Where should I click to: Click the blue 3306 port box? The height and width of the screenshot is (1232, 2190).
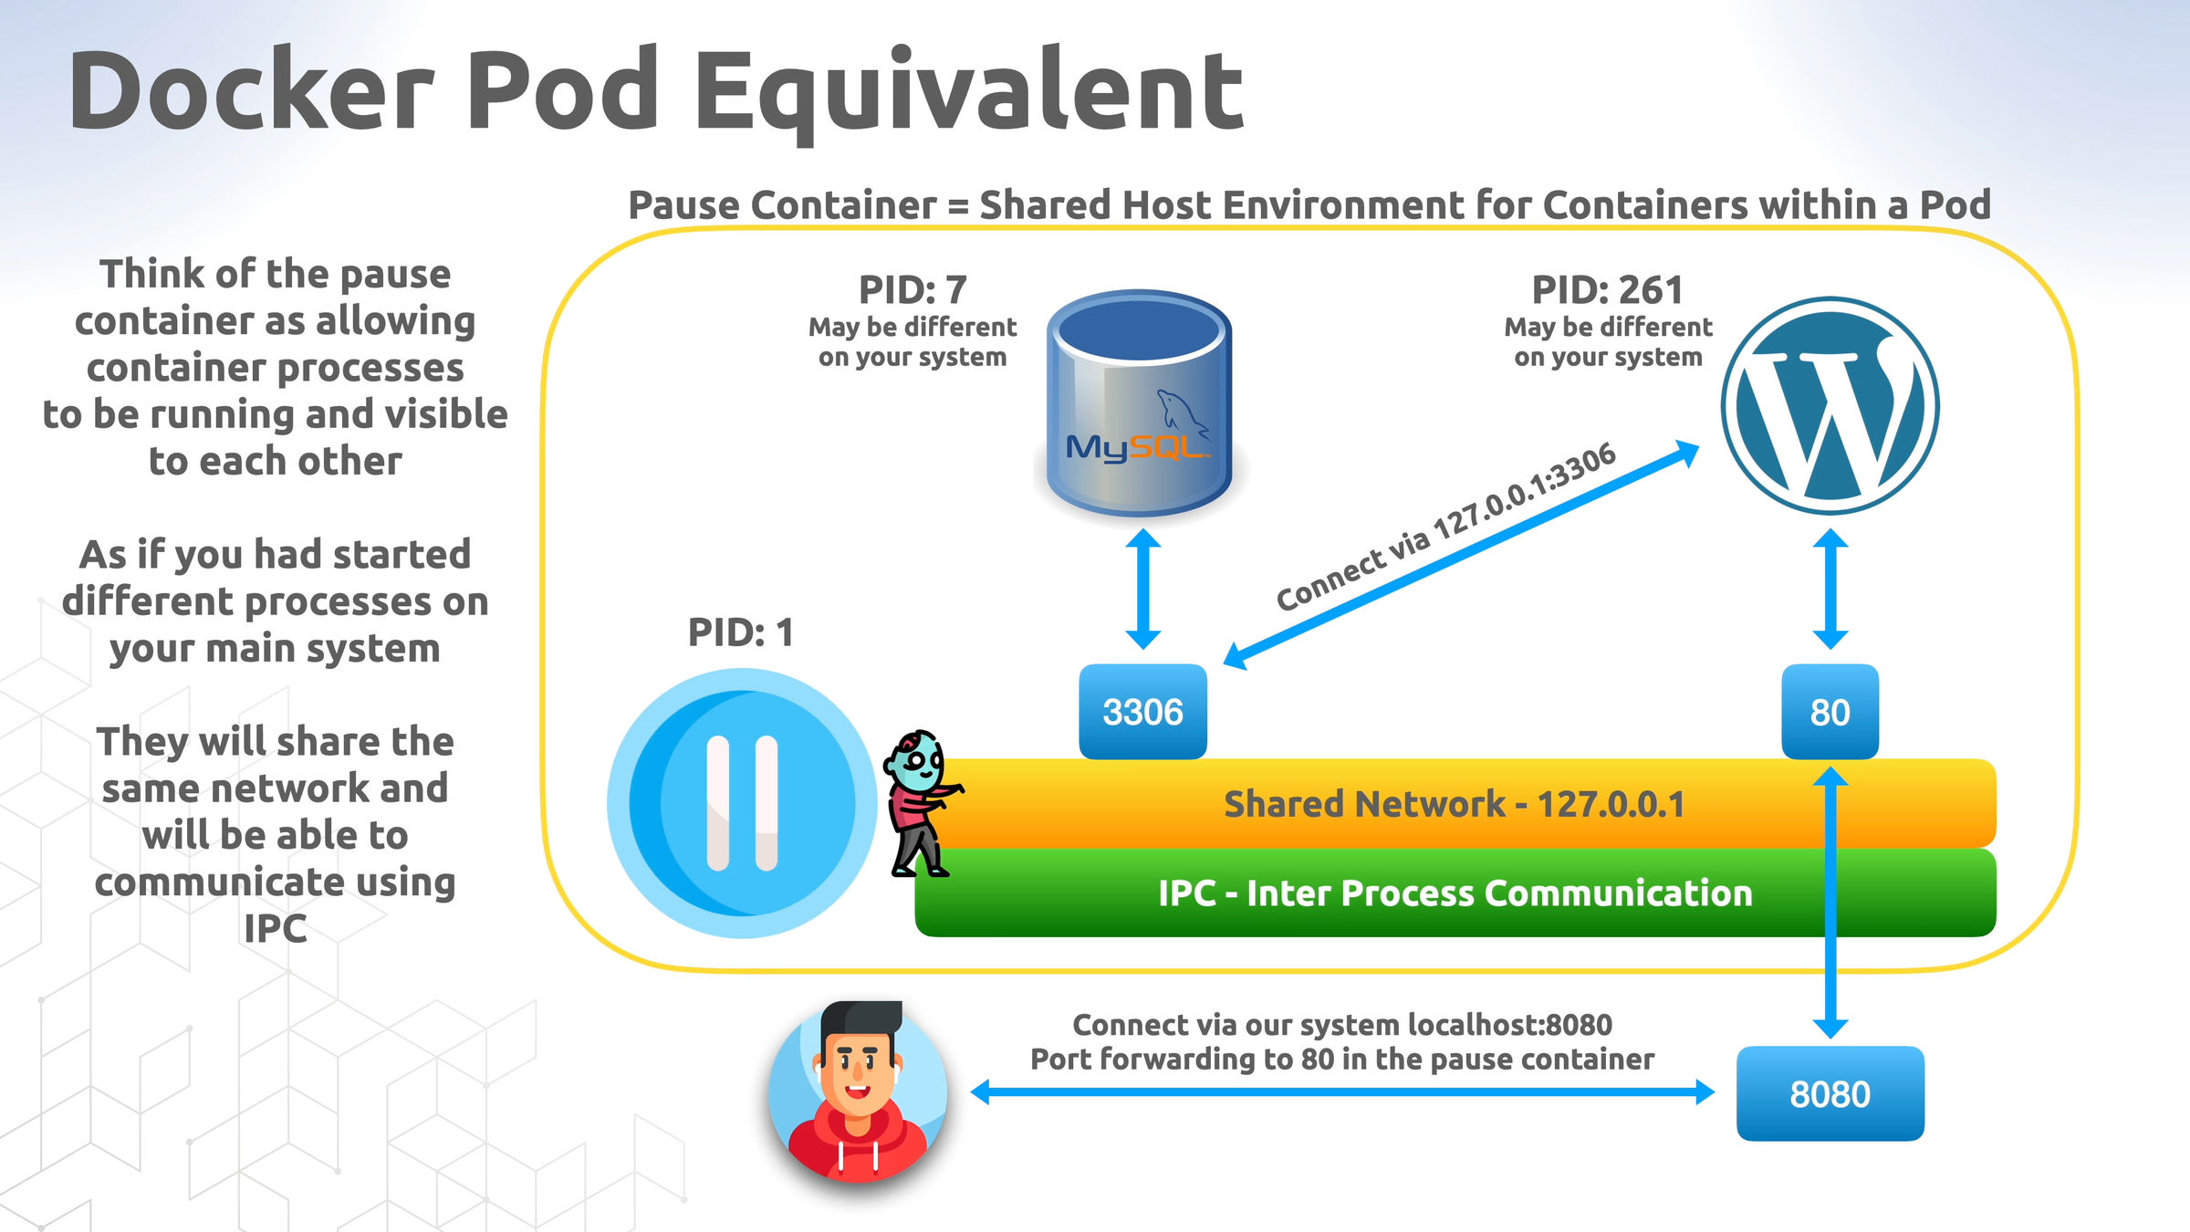(x=1142, y=711)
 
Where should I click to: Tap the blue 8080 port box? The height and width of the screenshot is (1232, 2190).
(x=1830, y=1092)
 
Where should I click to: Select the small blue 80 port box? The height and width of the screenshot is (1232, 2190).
(x=1830, y=711)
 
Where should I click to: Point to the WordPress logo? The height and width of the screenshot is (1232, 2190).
(x=1830, y=405)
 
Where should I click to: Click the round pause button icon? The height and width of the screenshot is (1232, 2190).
(x=741, y=803)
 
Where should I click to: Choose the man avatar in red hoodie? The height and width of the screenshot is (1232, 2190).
(x=858, y=1091)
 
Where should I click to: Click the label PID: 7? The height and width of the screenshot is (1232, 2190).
(x=912, y=290)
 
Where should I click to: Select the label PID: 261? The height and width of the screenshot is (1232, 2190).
(x=1607, y=290)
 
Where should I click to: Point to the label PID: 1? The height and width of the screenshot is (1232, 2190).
(x=740, y=632)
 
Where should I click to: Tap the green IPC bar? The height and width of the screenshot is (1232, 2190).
(x=1455, y=893)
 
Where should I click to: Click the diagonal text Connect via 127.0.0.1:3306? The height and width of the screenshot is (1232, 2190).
(x=1445, y=527)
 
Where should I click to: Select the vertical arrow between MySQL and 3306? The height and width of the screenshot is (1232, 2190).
(x=1142, y=589)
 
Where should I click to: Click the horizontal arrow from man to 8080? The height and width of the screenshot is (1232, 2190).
(x=1341, y=1091)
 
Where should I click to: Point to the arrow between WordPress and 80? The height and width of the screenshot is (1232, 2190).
(x=1830, y=589)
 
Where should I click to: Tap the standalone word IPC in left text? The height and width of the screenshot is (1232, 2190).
(x=275, y=929)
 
